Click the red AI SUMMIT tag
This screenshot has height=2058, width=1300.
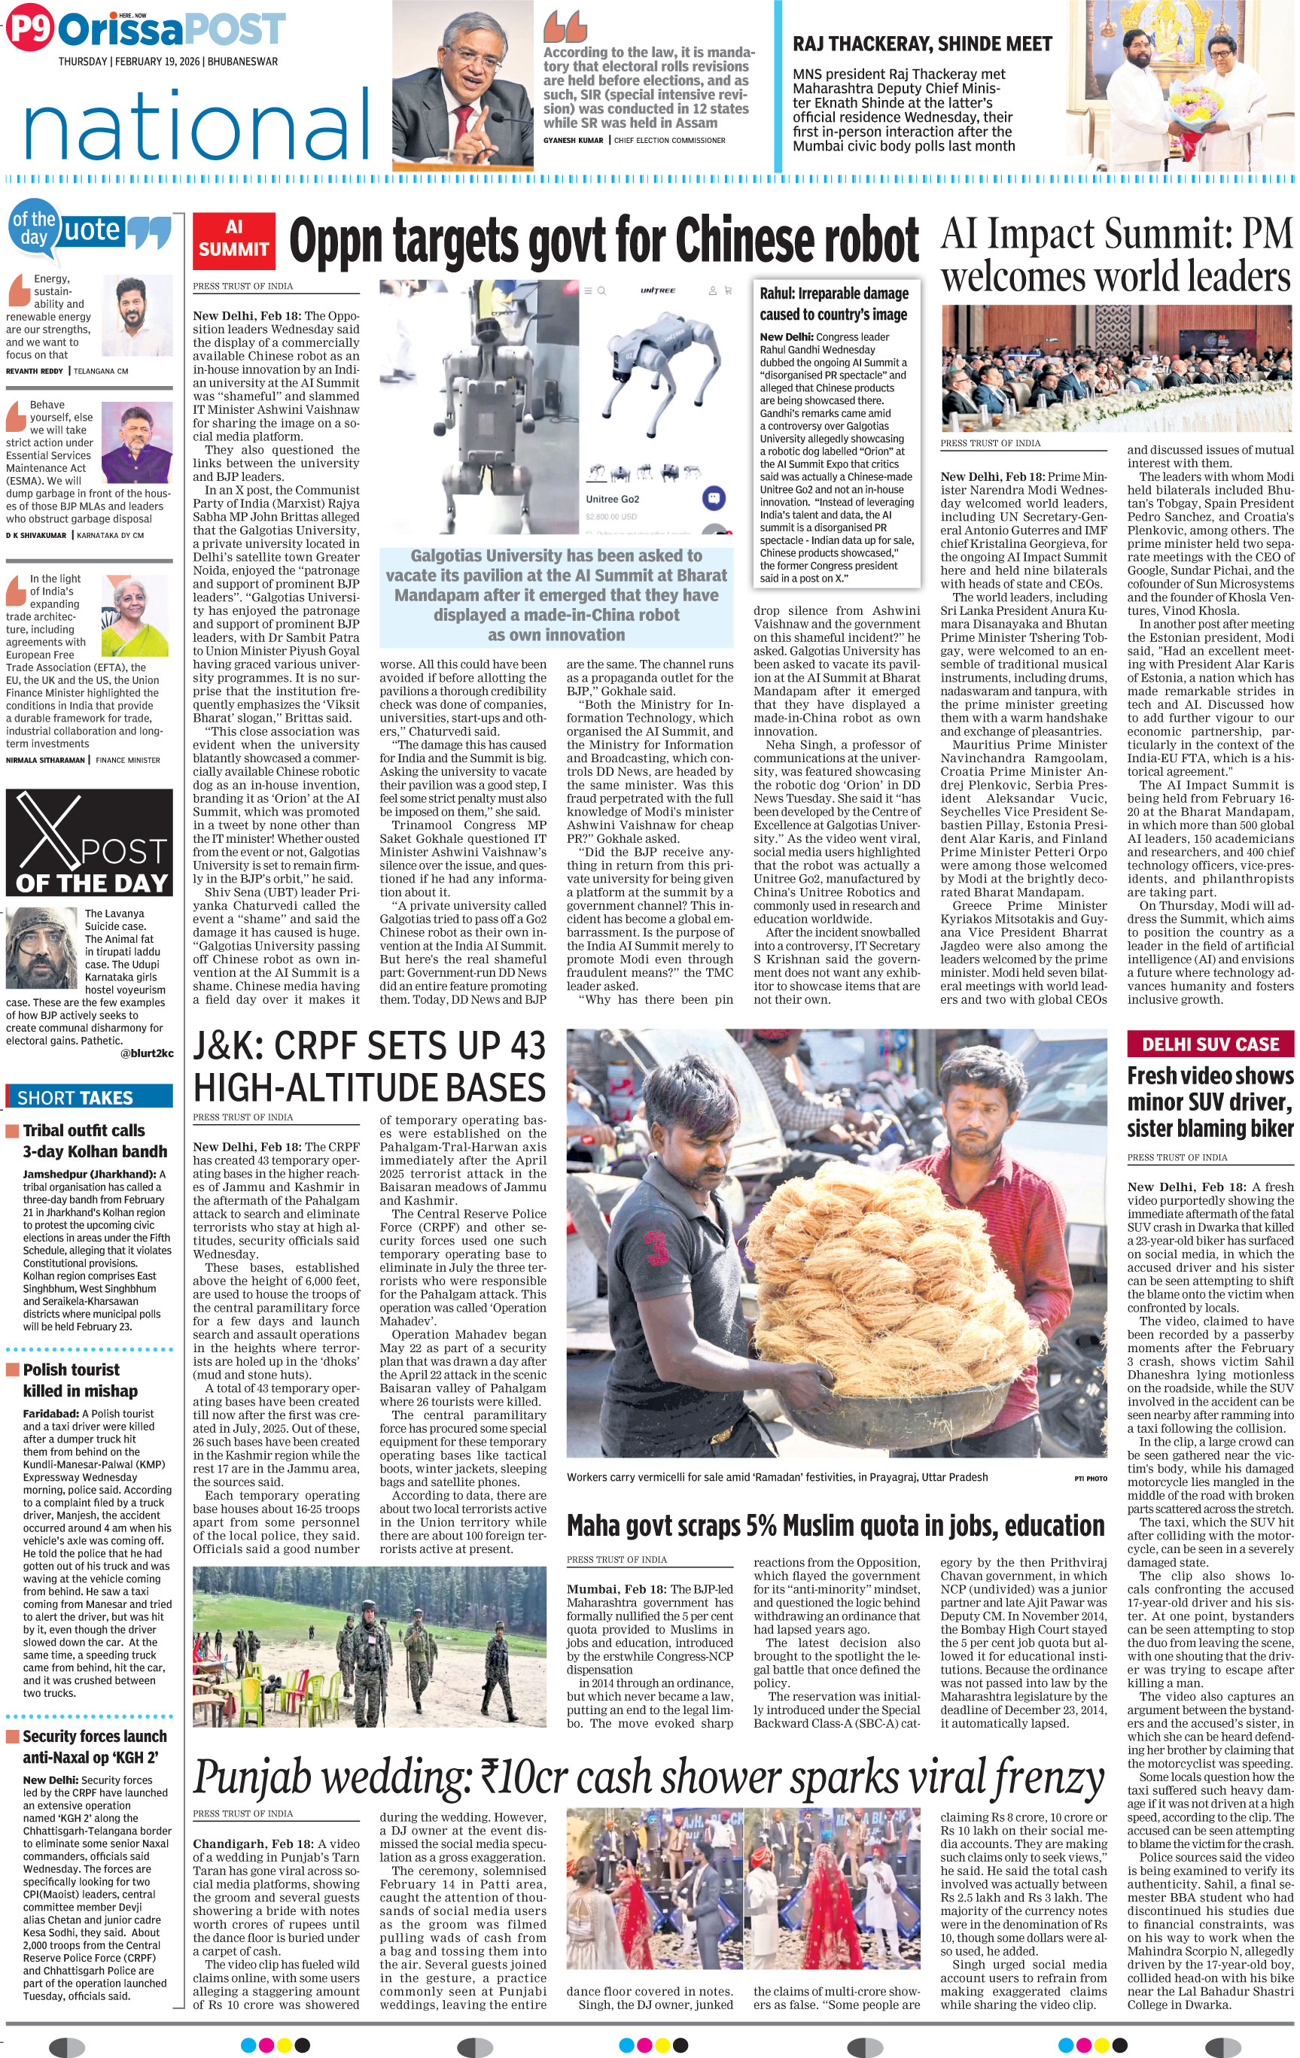click(x=233, y=239)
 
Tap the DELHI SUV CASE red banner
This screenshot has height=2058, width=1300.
click(x=1210, y=1044)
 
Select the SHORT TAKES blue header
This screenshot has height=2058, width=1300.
click(x=89, y=1097)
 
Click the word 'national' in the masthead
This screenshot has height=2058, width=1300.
click(x=197, y=126)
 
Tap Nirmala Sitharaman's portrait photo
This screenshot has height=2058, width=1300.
click(x=134, y=615)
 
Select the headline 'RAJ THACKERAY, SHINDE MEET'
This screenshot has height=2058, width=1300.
click(x=922, y=44)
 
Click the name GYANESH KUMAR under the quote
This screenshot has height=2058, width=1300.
click(x=573, y=140)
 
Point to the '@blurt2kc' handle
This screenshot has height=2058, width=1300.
click(x=147, y=1053)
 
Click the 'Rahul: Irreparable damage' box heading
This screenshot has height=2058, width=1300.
click(x=833, y=303)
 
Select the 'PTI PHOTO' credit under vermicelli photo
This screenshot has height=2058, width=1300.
click(x=1090, y=1478)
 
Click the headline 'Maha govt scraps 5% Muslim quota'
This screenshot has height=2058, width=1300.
click(x=835, y=1525)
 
